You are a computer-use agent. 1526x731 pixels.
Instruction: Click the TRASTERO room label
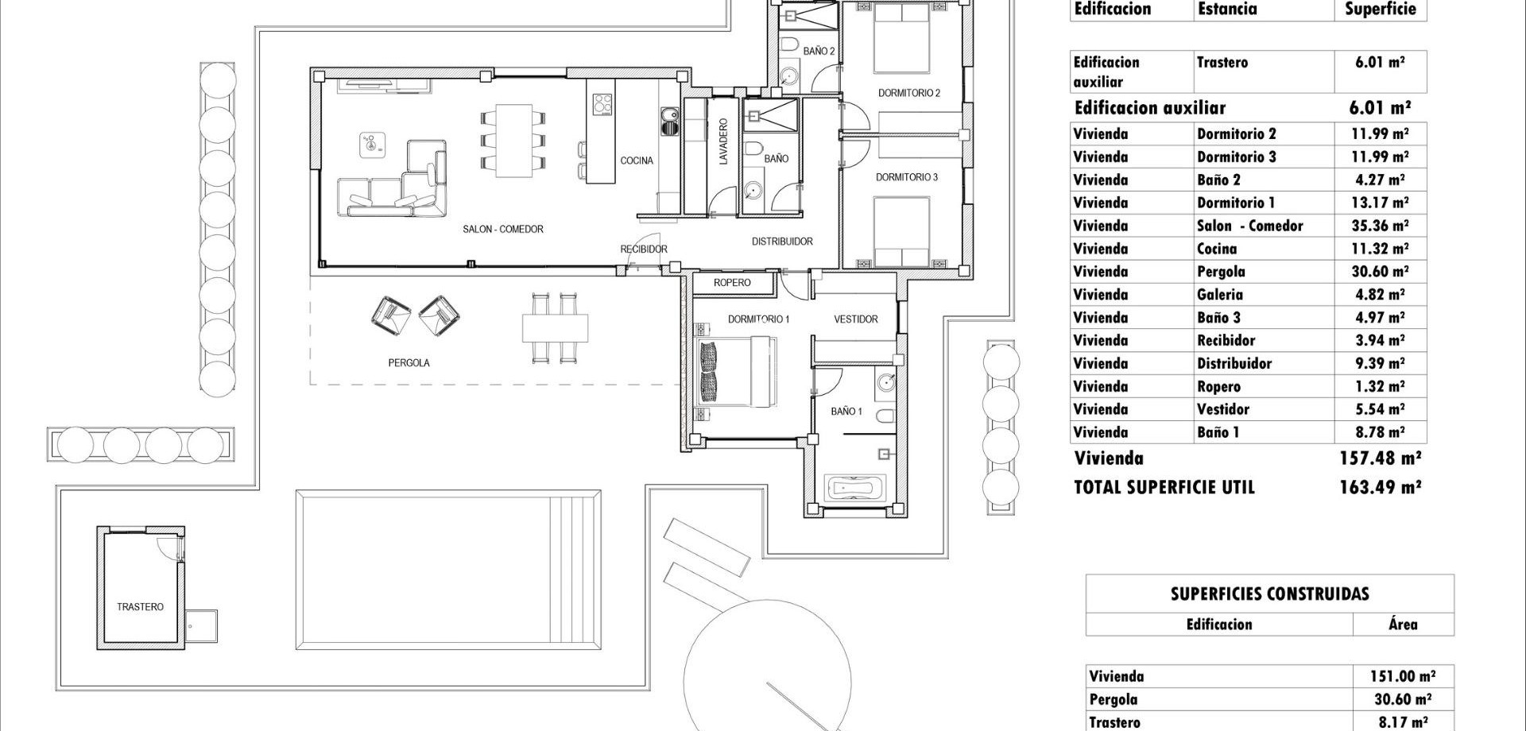coord(140,607)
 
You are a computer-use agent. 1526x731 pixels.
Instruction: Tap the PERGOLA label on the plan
coord(409,363)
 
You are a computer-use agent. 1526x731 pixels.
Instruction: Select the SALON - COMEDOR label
coord(503,230)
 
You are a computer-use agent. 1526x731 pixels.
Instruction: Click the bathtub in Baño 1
coord(854,486)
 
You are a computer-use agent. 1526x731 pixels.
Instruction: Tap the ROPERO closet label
coord(732,283)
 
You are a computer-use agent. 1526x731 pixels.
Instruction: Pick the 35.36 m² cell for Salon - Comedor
coord(1380,226)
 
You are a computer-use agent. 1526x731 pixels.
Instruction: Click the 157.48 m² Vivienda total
coord(1380,458)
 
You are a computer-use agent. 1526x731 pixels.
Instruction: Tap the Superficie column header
coord(1380,10)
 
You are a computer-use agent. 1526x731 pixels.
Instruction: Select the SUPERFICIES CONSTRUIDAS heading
coord(1269,594)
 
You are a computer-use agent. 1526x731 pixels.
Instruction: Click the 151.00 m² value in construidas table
coord(1402,676)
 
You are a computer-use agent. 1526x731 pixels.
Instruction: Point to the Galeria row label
coord(1219,295)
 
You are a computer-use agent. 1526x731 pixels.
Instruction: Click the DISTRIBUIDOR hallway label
coord(782,242)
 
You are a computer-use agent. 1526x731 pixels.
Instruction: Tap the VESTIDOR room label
coord(855,319)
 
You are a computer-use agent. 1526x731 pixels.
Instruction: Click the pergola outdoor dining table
coord(555,327)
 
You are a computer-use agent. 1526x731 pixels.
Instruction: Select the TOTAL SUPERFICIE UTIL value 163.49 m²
coord(1380,487)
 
